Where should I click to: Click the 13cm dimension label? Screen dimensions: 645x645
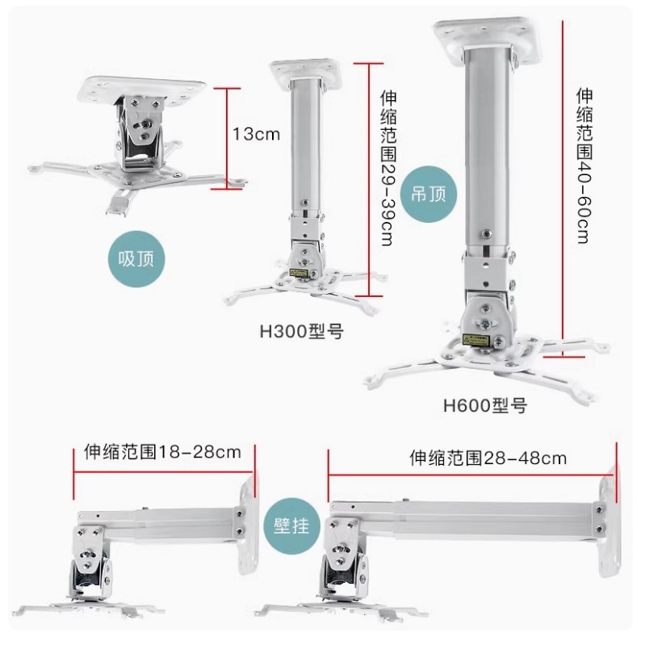click(x=256, y=134)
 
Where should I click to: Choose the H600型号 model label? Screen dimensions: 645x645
click(x=484, y=406)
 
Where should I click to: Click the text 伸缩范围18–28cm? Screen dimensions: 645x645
click(x=162, y=451)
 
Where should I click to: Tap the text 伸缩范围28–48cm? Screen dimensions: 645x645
click(x=488, y=458)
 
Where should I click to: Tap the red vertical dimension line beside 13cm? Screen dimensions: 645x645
click(x=228, y=136)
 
